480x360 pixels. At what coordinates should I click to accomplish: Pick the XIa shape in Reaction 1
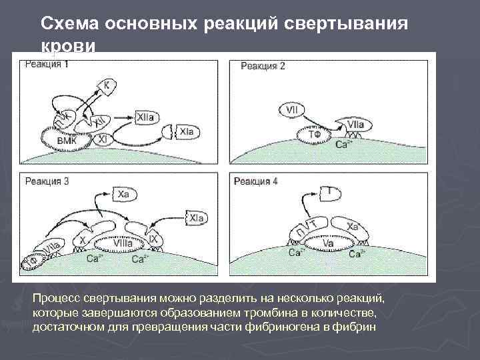pyautogui.click(x=186, y=133)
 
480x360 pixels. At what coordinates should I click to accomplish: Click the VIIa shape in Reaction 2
pyautogui.click(x=354, y=125)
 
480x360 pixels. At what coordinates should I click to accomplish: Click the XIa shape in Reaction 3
pyautogui.click(x=196, y=218)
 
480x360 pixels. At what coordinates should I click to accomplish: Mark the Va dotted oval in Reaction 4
pyautogui.click(x=328, y=245)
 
